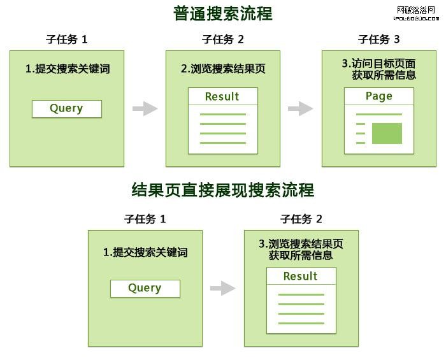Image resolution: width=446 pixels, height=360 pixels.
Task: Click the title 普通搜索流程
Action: point(222,13)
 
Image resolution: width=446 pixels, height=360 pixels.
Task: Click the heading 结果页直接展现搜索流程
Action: point(222,190)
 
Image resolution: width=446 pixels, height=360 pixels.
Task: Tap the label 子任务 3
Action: point(379,40)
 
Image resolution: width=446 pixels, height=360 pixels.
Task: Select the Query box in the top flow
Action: point(67,108)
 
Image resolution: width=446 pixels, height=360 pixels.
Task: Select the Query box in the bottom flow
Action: point(145,288)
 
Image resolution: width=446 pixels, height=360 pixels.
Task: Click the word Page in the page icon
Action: point(379,96)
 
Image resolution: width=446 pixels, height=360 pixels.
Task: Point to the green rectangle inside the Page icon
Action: point(387,134)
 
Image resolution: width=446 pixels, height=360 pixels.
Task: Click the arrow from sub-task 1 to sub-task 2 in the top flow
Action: point(145,108)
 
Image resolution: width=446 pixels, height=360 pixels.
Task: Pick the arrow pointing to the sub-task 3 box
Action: point(300,108)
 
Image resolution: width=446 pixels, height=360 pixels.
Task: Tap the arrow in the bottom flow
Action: point(223,288)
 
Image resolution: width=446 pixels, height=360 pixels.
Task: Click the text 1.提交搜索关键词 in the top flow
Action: point(68,69)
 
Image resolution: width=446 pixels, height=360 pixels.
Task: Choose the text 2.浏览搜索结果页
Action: point(223,69)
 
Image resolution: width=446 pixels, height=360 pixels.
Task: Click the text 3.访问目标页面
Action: point(378,63)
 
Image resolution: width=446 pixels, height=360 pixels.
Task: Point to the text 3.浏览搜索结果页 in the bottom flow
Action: point(301,244)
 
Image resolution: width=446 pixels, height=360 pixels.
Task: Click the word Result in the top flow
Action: point(222,97)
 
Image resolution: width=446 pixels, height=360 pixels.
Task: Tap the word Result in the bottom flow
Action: point(301,277)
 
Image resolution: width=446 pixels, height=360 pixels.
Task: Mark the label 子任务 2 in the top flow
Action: point(223,40)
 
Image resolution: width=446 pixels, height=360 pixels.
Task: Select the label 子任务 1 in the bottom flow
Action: point(145,219)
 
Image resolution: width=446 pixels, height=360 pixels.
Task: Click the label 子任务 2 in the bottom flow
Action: point(301,219)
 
